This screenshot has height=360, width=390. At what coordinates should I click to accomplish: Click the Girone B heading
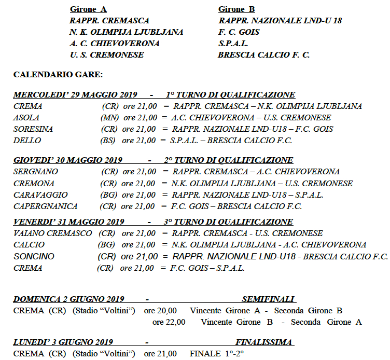236,9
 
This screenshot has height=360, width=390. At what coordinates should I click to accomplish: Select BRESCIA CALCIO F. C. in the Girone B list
263,55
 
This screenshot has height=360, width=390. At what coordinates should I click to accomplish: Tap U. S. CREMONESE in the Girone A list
107,55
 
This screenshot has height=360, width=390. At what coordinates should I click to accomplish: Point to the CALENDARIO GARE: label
58,75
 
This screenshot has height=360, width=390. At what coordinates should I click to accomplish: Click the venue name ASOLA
26,118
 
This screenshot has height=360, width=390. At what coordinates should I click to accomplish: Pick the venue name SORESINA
33,129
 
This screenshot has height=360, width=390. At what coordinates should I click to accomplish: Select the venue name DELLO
27,141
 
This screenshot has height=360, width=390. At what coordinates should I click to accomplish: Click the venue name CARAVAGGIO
40,195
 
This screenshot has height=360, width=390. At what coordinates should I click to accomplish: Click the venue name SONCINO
34,256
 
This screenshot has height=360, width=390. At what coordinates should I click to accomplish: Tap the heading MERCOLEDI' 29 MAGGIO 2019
75,95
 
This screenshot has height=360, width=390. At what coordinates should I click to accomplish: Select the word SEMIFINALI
268,299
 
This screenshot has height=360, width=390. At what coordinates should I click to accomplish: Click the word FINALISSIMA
264,342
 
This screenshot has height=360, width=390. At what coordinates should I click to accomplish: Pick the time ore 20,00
160,311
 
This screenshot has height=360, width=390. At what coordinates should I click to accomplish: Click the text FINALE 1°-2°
217,354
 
